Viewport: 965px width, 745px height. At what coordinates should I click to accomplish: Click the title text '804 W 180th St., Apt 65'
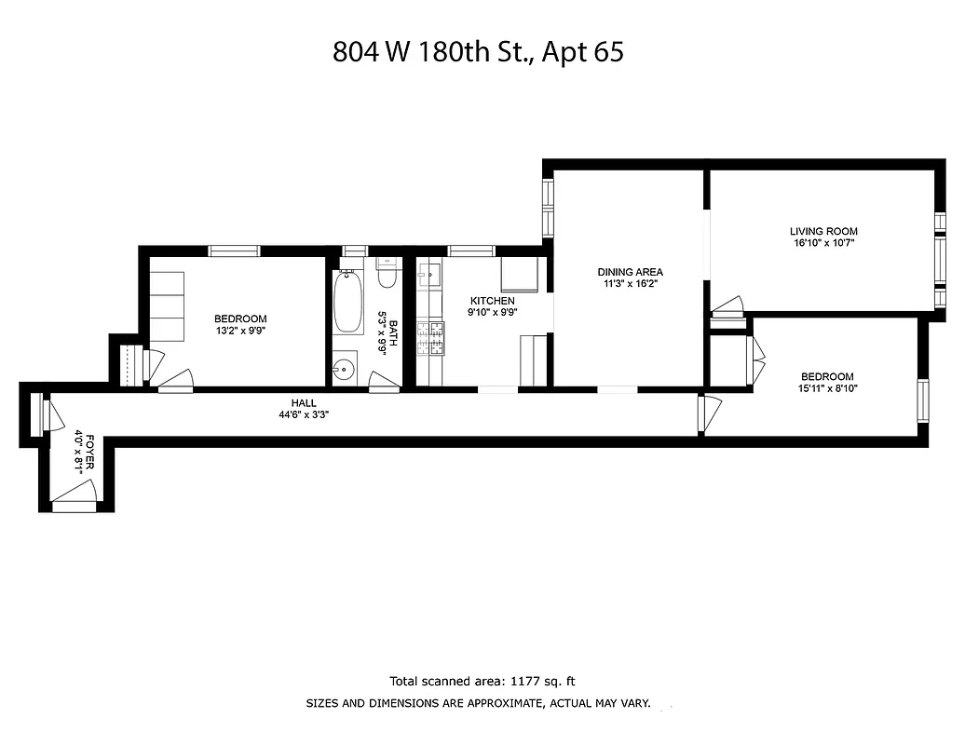[478, 51]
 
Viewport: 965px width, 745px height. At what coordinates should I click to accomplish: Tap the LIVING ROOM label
[823, 231]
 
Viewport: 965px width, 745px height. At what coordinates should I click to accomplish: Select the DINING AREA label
[630, 272]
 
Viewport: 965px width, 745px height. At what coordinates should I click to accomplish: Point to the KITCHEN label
[492, 301]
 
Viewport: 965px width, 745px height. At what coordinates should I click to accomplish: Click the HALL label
[304, 403]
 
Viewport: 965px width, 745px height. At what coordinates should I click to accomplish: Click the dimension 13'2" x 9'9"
[240, 330]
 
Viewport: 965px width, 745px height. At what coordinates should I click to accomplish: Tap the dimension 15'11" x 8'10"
[826, 388]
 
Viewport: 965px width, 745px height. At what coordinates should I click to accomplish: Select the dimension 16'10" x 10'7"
[823, 243]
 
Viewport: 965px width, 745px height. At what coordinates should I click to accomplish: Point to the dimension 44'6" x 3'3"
[304, 415]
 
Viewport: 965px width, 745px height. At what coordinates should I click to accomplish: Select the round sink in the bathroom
[345, 369]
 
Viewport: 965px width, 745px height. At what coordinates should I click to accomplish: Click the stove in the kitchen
[430, 338]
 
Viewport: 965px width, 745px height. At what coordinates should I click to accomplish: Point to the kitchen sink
[430, 276]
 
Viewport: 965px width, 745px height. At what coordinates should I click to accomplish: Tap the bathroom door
[384, 383]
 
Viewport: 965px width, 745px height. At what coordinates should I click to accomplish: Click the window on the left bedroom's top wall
[234, 251]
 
